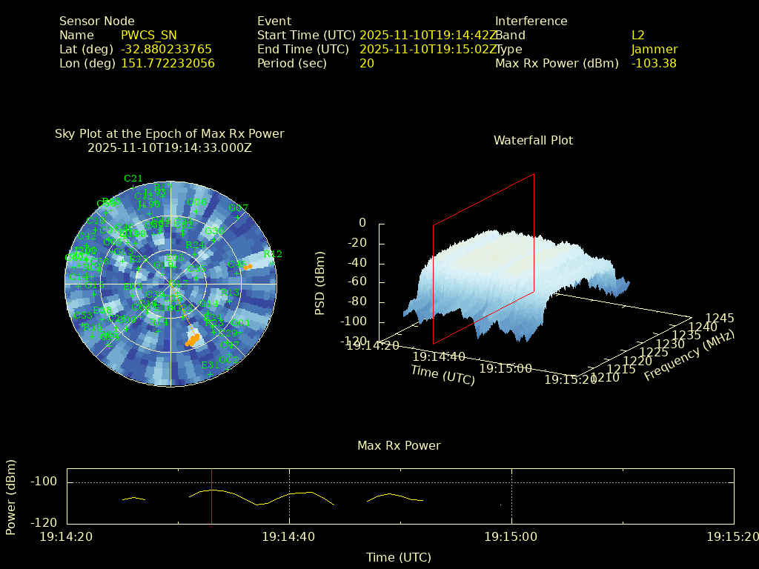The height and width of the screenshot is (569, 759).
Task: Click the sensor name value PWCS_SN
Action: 148,35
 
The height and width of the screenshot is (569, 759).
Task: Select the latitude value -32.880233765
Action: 166,49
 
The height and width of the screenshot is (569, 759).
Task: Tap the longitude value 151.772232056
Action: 168,63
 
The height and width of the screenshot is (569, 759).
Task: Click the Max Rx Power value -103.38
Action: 654,63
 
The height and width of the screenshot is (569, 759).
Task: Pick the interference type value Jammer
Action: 654,49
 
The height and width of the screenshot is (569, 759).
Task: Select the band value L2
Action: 638,35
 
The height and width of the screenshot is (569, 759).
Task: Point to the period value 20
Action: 367,63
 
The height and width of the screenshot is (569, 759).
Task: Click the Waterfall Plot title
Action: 533,140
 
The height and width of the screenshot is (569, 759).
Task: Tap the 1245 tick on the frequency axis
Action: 720,318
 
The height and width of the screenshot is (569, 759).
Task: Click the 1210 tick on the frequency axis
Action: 603,379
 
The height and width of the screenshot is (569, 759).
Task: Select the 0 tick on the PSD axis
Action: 362,222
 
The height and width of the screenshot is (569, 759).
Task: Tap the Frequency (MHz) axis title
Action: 689,356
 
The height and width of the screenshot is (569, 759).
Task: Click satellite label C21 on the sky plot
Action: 133,179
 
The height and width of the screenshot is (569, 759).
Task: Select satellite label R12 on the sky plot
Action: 273,254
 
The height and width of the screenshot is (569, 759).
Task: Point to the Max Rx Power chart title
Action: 399,445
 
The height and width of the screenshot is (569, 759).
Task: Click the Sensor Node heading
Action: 97,21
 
